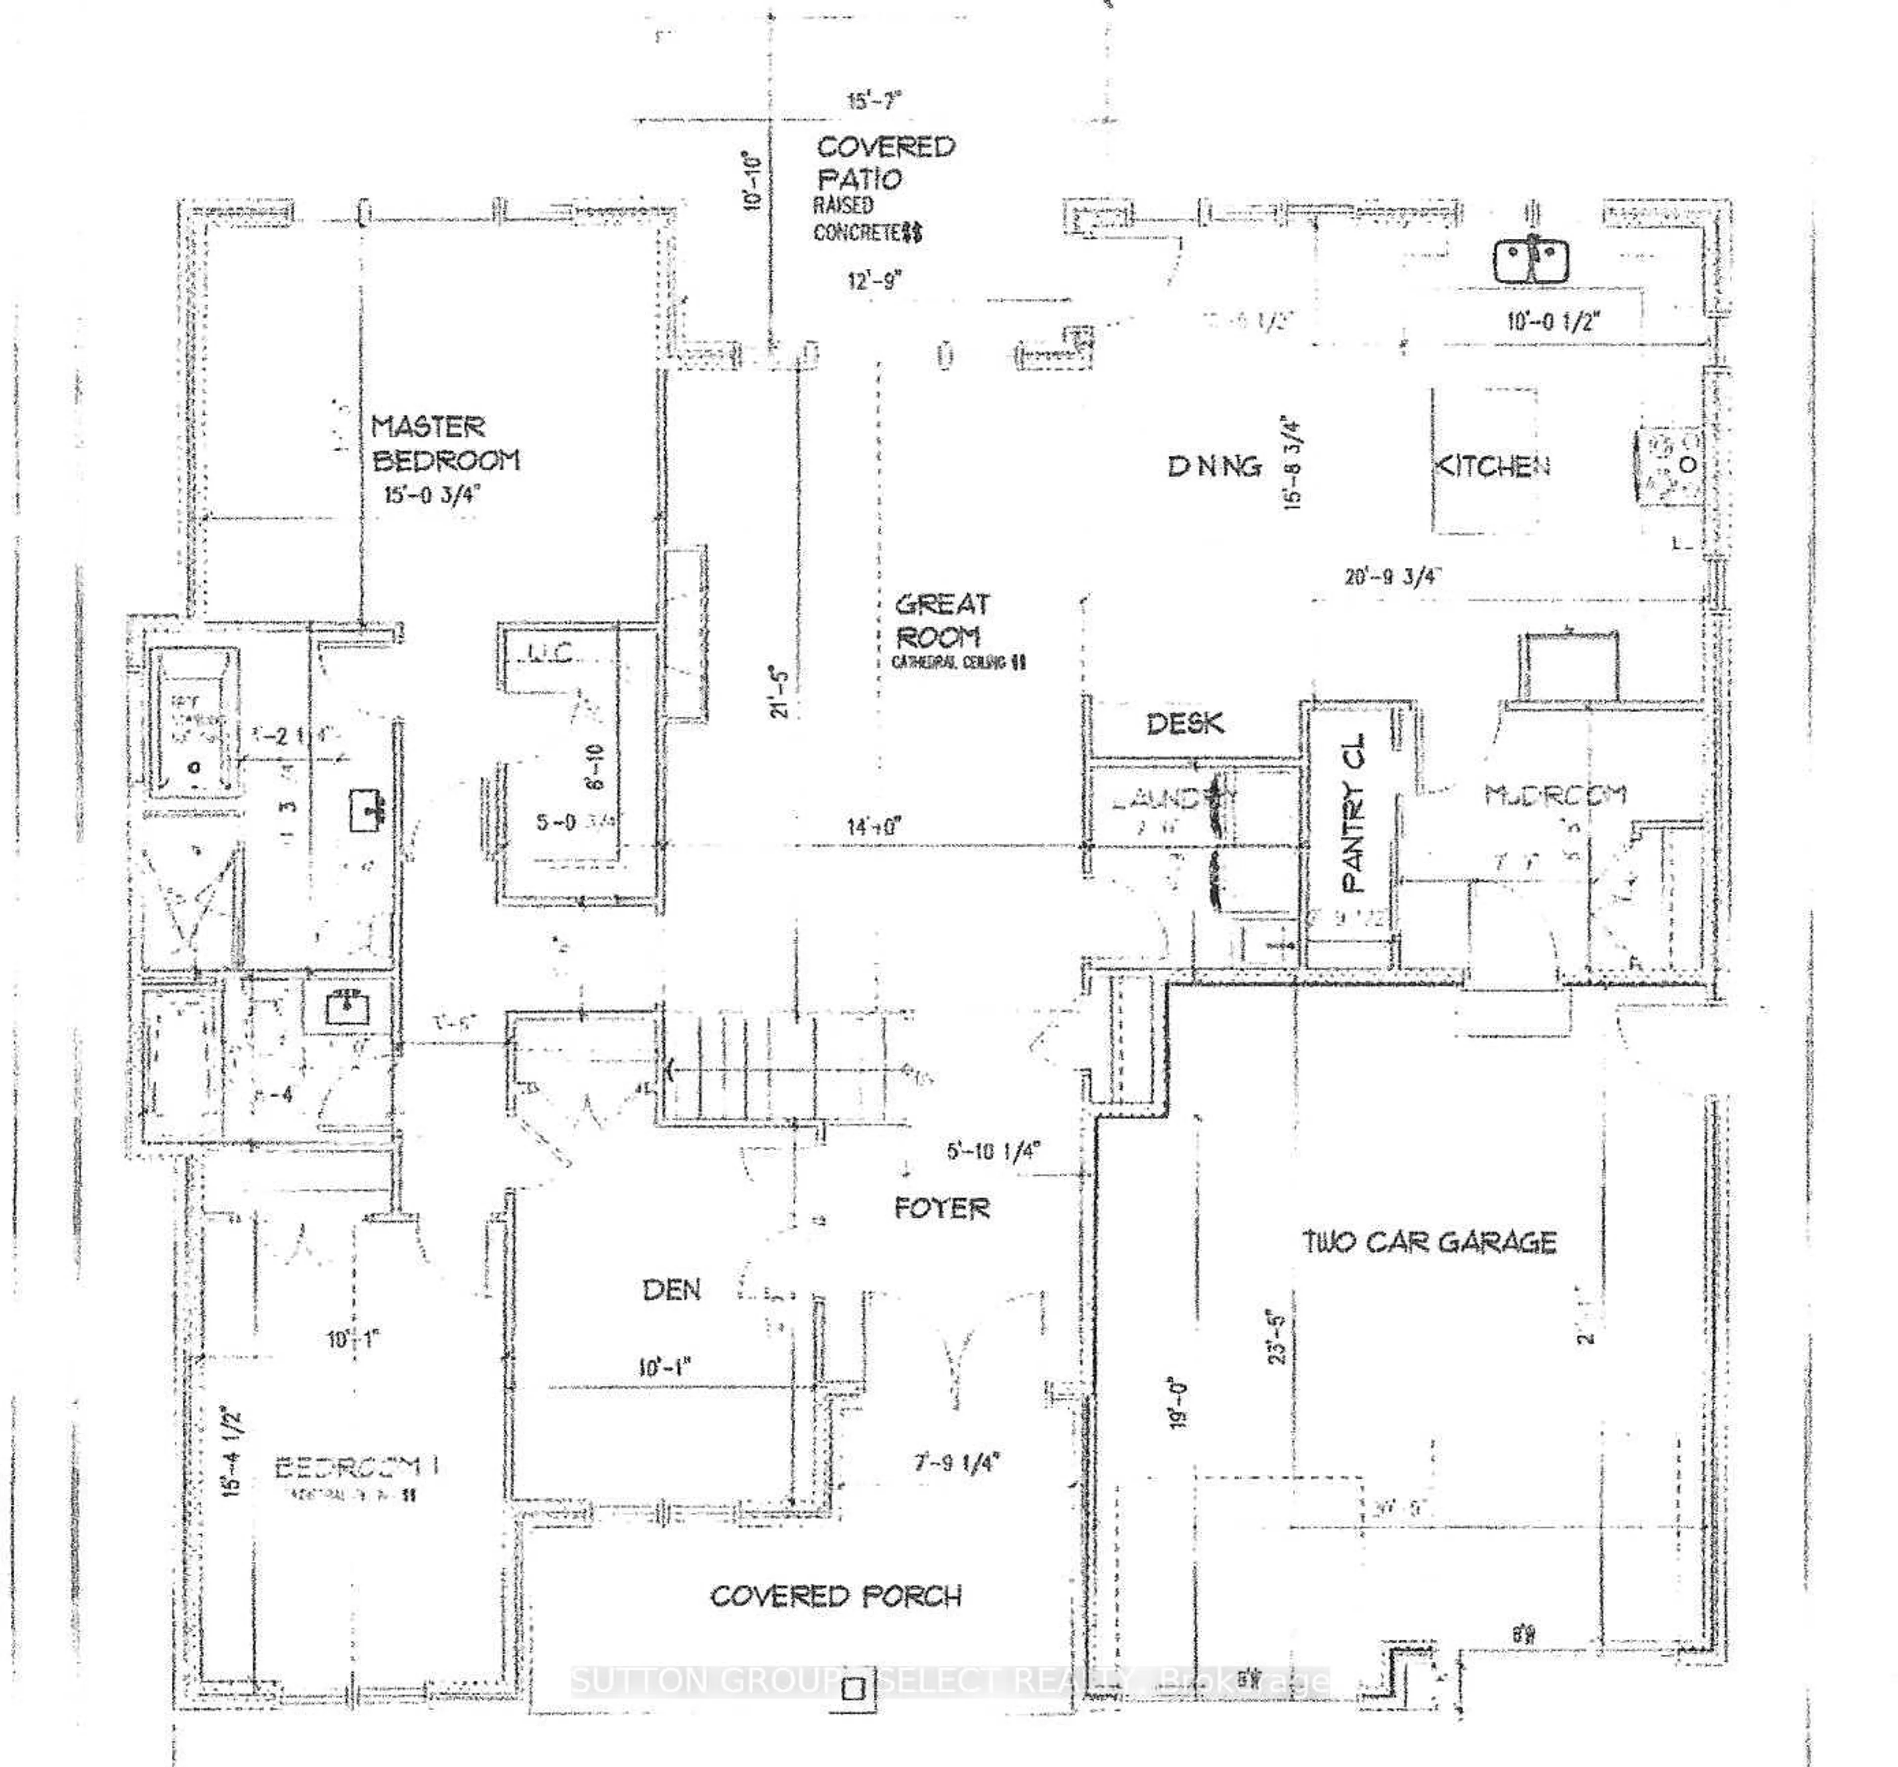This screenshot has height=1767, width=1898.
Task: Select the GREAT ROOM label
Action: point(942,620)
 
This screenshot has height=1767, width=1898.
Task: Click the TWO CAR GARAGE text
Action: point(1429,1242)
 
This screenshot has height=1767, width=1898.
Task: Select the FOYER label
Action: point(942,1208)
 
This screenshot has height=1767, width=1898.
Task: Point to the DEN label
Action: point(671,1291)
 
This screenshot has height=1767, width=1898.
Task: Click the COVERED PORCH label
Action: point(835,1596)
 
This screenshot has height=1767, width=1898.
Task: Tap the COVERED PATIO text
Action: point(884,162)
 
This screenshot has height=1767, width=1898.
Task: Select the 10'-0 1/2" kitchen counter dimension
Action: point(1553,321)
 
